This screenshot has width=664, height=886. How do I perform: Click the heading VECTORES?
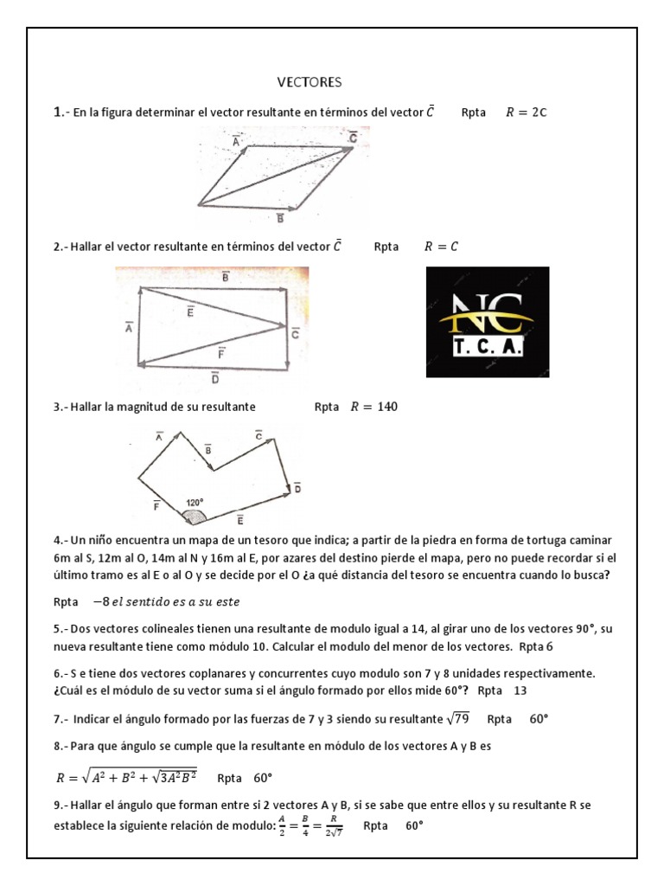[x=310, y=82]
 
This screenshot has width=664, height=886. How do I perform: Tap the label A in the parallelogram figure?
[x=235, y=138]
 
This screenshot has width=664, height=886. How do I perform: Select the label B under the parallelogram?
[x=280, y=217]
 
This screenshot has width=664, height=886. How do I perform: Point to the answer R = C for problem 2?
[x=441, y=247]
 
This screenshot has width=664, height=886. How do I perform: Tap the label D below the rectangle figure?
[x=214, y=377]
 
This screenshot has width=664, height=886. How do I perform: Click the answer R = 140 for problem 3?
[x=373, y=407]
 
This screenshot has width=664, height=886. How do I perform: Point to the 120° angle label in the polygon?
[x=195, y=502]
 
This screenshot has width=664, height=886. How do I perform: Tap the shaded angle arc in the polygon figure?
[x=194, y=517]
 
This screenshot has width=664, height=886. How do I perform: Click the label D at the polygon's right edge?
[x=297, y=488]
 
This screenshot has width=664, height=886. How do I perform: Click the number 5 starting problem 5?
[x=56, y=625]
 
